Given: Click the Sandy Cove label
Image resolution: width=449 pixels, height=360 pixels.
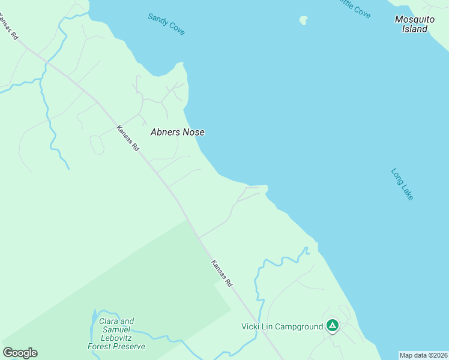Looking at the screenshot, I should [x=166, y=24].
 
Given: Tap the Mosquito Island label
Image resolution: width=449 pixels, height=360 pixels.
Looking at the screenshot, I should [x=415, y=24].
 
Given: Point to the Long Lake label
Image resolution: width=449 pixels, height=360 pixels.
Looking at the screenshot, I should [x=402, y=184].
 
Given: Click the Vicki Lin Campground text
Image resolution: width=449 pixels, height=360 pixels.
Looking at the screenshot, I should [x=282, y=326].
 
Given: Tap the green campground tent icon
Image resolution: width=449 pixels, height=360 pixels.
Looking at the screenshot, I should [x=333, y=326].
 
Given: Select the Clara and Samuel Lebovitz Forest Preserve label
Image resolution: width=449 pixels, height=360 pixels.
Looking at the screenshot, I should [x=116, y=334].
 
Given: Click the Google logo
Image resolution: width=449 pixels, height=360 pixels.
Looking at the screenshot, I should [x=20, y=353].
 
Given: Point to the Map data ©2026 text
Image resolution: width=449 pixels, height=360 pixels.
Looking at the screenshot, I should [x=423, y=355].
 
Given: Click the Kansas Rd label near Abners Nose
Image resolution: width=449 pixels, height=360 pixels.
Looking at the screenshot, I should [x=128, y=137].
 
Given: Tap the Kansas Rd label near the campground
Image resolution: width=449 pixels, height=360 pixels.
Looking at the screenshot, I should [x=221, y=273].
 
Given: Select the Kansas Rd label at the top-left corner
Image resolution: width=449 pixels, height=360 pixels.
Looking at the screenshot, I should [x=8, y=28].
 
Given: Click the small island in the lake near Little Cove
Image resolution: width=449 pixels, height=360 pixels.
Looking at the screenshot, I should [x=304, y=20].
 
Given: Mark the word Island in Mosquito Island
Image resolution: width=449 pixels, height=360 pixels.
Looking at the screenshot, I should [x=415, y=29].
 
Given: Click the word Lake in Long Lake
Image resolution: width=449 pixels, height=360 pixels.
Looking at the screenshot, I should [x=406, y=191].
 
